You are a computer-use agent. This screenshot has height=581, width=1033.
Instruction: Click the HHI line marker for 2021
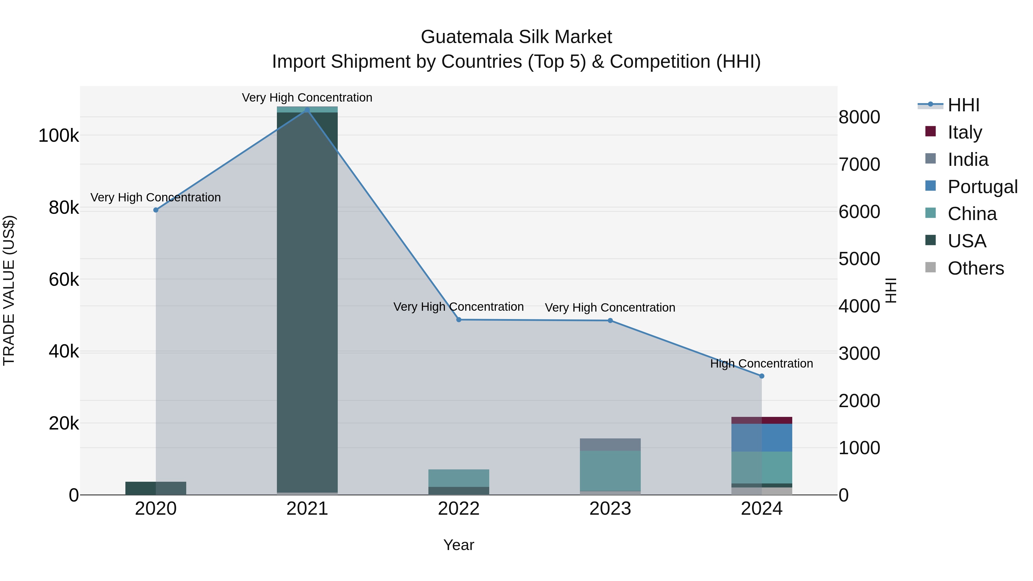[307, 110]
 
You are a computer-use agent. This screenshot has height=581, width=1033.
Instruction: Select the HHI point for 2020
[156, 210]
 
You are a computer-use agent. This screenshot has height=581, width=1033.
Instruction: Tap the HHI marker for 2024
[762, 376]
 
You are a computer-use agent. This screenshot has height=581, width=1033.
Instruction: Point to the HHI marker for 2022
[459, 320]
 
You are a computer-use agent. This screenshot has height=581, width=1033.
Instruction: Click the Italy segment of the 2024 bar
[762, 420]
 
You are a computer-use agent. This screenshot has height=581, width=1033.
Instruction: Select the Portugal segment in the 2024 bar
[762, 438]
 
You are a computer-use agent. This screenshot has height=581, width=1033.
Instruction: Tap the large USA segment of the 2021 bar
[307, 301]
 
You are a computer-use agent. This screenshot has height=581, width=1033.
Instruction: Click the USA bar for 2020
[156, 488]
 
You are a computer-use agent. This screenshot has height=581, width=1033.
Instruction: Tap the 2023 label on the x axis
[610, 509]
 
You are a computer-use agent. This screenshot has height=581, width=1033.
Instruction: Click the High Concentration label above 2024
[762, 364]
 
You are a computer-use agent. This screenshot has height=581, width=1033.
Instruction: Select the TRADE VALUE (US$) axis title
[9, 290]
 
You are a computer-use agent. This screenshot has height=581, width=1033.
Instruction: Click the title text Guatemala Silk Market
[516, 37]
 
